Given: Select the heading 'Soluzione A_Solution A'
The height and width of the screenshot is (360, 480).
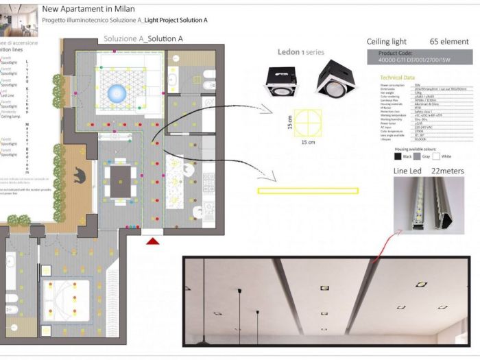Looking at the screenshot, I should tap(143, 39).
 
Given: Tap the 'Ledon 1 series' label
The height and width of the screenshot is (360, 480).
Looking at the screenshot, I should tap(300, 52).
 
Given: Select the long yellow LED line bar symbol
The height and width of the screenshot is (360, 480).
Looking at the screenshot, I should tap(307, 191).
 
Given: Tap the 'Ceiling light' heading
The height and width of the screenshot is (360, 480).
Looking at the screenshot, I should tap(387, 42).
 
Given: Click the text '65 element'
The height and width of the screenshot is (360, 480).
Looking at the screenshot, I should tap(449, 42).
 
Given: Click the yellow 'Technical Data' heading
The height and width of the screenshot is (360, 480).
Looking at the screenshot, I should tap(397, 78).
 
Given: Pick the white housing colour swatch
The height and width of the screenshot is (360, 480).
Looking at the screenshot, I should tap(437, 156).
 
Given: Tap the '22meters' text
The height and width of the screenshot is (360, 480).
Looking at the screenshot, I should tap(447, 171).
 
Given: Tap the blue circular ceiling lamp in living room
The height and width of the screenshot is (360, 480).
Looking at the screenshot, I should tap(118, 91).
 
